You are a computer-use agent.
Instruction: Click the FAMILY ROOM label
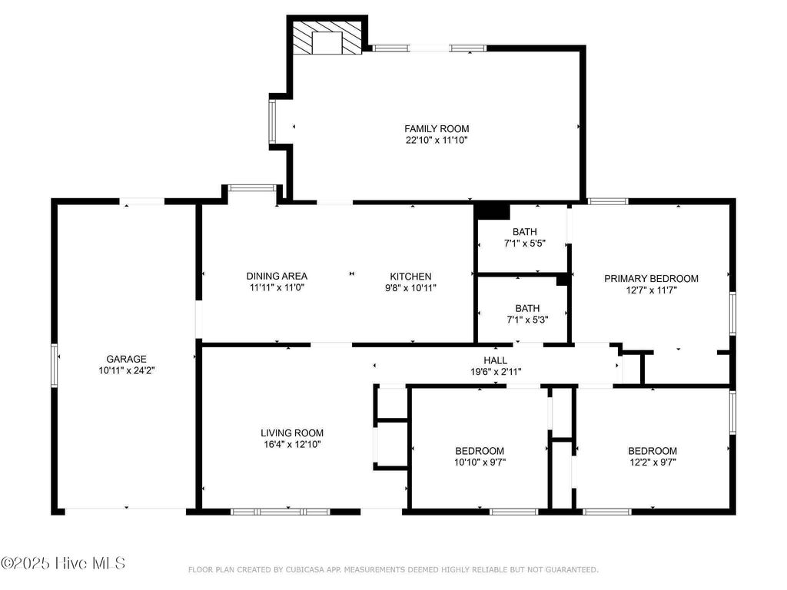pyautogui.click(x=437, y=128)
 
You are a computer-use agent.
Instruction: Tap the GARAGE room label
pyautogui.click(x=126, y=359)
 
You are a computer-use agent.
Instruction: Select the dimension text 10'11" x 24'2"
pyautogui.click(x=126, y=370)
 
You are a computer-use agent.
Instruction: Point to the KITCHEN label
pyautogui.click(x=410, y=277)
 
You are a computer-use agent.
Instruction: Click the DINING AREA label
pyautogui.click(x=277, y=277)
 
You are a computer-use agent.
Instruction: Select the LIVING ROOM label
pyautogui.click(x=292, y=433)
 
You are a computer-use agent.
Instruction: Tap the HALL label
pyautogui.click(x=495, y=360)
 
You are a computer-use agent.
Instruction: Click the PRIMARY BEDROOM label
pyautogui.click(x=651, y=279)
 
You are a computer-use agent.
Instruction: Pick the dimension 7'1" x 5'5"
pyautogui.click(x=526, y=244)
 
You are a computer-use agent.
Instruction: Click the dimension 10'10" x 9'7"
pyautogui.click(x=480, y=462)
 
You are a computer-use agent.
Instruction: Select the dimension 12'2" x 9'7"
pyautogui.click(x=653, y=462)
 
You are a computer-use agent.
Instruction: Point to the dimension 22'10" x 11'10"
pyautogui.click(x=437, y=141)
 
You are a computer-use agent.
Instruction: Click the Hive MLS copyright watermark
pyautogui.click(x=63, y=564)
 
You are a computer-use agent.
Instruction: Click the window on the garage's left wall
pyautogui.click(x=55, y=364)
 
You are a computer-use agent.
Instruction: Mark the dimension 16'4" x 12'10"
pyautogui.click(x=292, y=444)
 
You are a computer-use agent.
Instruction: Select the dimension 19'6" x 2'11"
pyautogui.click(x=495, y=372)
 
